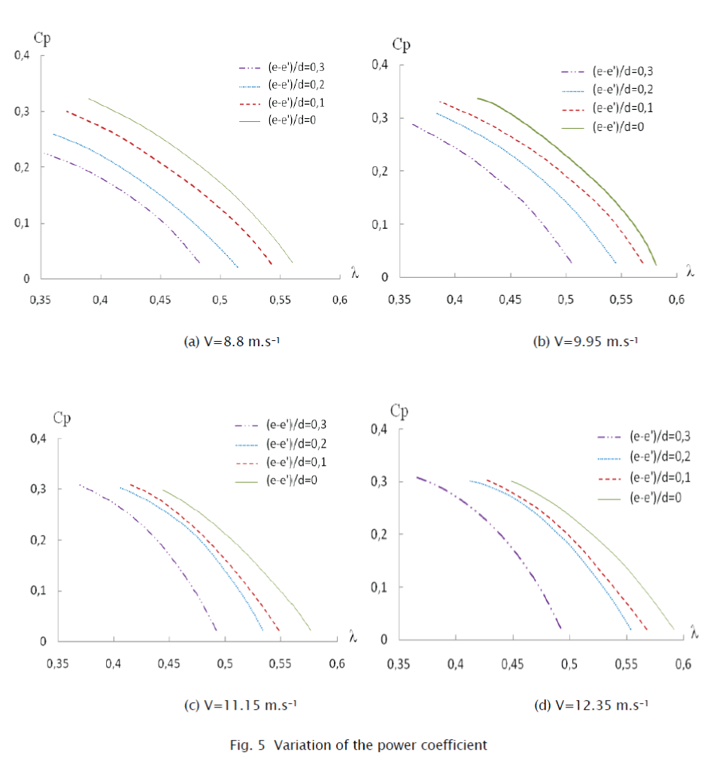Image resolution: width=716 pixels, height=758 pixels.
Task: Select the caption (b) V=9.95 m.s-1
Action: tap(585, 342)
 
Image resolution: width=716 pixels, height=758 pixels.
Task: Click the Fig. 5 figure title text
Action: tap(359, 745)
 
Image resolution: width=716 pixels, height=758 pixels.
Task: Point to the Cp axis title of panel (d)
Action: tap(400, 410)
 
